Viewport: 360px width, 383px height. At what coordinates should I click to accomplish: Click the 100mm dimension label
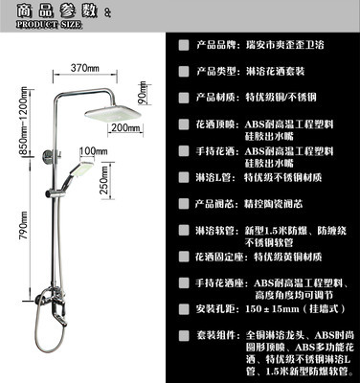click(x=92, y=151)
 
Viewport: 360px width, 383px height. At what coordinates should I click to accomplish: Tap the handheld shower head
click(x=85, y=171)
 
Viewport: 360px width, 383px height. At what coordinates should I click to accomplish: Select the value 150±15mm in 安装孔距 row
click(x=276, y=309)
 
